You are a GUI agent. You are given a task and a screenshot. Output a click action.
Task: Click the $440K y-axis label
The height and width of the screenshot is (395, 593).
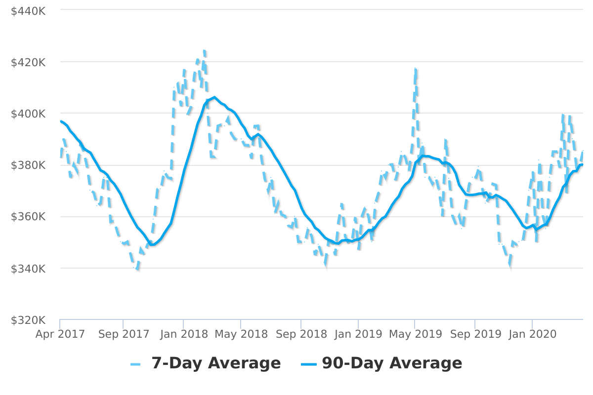[x=28, y=10]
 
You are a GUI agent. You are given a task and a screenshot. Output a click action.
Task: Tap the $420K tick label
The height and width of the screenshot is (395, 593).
[x=28, y=62]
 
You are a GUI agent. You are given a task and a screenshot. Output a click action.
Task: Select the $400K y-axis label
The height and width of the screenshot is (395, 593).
[x=28, y=114]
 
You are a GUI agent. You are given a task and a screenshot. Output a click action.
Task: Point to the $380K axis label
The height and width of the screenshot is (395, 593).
[x=28, y=165]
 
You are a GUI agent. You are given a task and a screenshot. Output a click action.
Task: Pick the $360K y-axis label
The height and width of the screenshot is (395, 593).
[x=28, y=217]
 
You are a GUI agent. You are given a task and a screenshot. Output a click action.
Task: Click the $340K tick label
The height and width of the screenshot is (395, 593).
[x=28, y=269]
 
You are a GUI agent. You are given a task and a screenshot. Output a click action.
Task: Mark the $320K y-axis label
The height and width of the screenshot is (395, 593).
[x=28, y=320]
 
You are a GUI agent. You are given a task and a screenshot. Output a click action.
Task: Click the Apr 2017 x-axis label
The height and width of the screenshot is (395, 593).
[x=60, y=334]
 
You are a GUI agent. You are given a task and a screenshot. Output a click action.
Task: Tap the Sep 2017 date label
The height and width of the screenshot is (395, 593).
[x=124, y=334]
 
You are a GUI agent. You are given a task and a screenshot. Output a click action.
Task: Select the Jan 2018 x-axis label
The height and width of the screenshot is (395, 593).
[x=183, y=334]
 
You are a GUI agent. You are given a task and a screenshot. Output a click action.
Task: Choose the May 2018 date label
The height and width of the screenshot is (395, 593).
[x=241, y=334]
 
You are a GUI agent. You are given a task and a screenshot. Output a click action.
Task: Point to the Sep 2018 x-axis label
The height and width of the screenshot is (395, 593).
[x=301, y=334]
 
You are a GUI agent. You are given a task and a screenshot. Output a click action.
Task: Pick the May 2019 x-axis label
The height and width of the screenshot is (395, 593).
[x=415, y=334]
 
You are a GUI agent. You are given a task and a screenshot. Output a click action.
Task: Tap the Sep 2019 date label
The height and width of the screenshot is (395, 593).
[x=475, y=334]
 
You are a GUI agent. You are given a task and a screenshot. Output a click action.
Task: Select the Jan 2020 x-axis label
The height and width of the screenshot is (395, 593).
[x=532, y=334]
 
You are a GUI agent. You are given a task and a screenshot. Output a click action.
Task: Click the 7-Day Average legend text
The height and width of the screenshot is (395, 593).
[x=216, y=363]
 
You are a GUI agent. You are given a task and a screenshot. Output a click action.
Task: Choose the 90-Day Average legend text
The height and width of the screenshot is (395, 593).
[x=392, y=363]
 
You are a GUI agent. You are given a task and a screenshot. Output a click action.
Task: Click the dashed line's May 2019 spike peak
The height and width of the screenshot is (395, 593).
[x=416, y=70]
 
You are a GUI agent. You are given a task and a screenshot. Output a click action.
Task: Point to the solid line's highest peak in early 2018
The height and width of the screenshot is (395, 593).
[x=214, y=97]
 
